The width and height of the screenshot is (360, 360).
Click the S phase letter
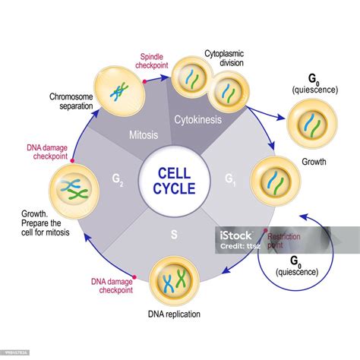pyautogui.click(x=174, y=234)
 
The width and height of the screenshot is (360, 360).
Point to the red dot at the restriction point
pyautogui.click(x=265, y=229)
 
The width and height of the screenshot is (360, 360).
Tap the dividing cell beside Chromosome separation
pyautogui.click(x=116, y=90)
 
